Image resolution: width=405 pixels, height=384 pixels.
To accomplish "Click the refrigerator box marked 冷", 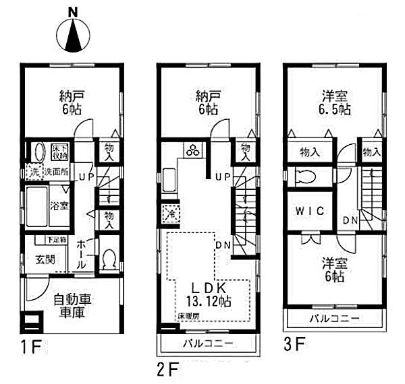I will pos(169,216).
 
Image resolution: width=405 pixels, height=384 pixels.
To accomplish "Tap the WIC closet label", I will pos(309,211).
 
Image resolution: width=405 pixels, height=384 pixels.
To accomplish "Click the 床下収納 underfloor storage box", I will pos(59,151).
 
